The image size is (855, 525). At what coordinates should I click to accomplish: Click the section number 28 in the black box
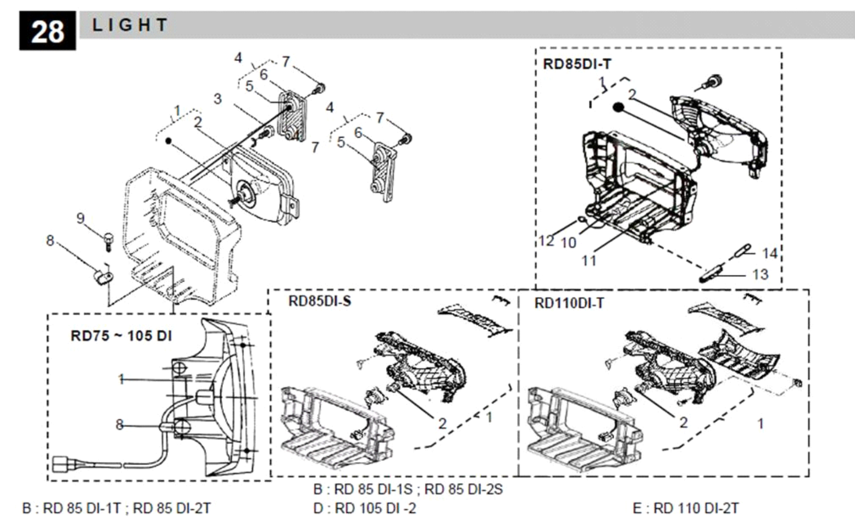click(48, 32)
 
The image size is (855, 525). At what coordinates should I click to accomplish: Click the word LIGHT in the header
click(130, 25)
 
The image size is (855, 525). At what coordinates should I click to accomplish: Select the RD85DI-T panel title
click(577, 64)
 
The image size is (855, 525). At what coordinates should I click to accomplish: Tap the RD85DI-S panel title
click(320, 301)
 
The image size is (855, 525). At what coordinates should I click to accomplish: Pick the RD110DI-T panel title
click(569, 303)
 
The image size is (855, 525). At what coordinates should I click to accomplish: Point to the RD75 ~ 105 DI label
click(121, 336)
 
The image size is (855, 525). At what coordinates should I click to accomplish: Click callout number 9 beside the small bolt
click(80, 218)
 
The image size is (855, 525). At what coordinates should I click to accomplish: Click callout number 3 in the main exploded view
click(218, 99)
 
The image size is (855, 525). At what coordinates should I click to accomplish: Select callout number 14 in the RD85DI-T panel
click(769, 253)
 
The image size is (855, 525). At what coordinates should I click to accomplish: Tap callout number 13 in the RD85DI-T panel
click(760, 274)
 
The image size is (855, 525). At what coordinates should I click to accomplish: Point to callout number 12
click(546, 241)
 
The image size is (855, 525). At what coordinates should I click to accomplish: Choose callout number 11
click(588, 261)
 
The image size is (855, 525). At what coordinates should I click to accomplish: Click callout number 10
click(568, 243)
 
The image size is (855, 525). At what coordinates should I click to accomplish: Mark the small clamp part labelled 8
click(103, 277)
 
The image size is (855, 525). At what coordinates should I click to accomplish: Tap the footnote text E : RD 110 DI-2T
click(686, 508)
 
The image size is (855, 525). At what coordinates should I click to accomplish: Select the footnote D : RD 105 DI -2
click(364, 508)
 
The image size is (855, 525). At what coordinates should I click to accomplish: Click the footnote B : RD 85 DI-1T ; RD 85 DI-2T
click(116, 508)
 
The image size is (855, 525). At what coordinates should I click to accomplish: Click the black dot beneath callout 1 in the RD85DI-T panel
click(618, 107)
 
